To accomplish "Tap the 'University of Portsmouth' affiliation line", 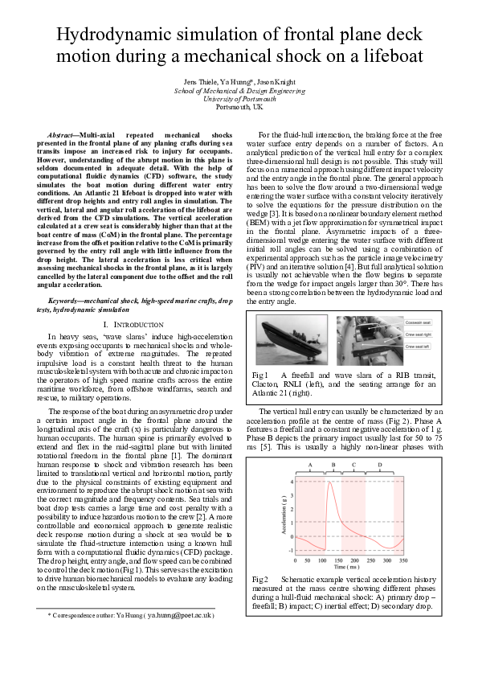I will tap(239, 98).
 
